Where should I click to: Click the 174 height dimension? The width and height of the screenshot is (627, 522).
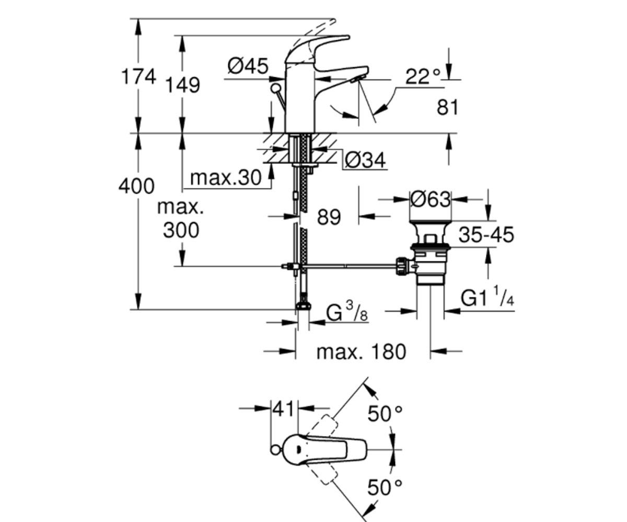(138, 77)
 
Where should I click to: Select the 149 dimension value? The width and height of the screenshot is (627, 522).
(183, 85)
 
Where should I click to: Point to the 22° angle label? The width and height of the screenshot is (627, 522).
(423, 77)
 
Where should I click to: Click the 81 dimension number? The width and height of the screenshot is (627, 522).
(448, 108)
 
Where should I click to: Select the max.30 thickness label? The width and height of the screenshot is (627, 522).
(226, 178)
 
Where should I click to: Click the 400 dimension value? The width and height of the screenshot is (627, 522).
(136, 186)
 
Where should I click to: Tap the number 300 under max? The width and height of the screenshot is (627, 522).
(181, 230)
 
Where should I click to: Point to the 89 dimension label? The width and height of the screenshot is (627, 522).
(329, 217)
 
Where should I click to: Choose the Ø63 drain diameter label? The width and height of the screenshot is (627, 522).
(431, 199)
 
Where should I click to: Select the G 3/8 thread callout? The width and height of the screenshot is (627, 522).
(347, 312)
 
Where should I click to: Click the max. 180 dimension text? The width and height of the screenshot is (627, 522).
(362, 352)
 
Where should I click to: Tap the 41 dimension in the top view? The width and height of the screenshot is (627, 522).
(284, 409)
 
